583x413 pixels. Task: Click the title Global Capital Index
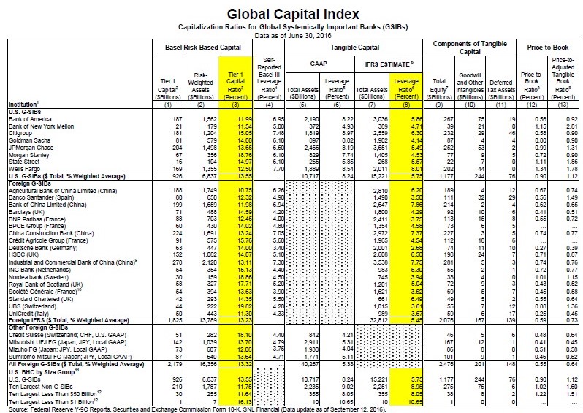[x=292, y=12]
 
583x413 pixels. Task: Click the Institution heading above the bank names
[x=20, y=101]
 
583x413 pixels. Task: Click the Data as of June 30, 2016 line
[x=292, y=34]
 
